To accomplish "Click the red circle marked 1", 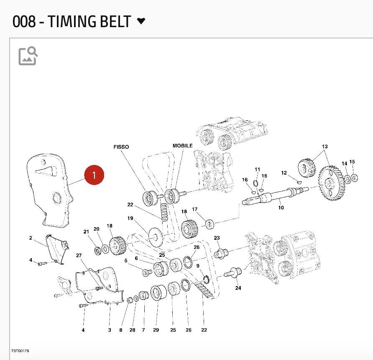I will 94,175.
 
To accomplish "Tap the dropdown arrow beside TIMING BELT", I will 141,21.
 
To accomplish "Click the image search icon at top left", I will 28,56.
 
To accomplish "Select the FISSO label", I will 121,147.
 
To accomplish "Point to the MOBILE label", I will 183,146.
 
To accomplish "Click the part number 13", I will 324,147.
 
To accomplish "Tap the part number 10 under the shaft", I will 281,208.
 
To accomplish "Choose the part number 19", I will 130,218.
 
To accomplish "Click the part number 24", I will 238,288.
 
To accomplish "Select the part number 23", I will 217,238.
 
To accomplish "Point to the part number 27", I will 79,255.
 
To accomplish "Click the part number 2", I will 31,238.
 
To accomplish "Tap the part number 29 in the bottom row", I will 156,330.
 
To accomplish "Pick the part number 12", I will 284,173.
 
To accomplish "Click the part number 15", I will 352,162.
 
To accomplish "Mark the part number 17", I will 194,209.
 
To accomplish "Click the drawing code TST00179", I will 20,351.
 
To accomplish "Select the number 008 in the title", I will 24,21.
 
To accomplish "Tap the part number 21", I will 86,232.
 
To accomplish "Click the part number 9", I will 198,266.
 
